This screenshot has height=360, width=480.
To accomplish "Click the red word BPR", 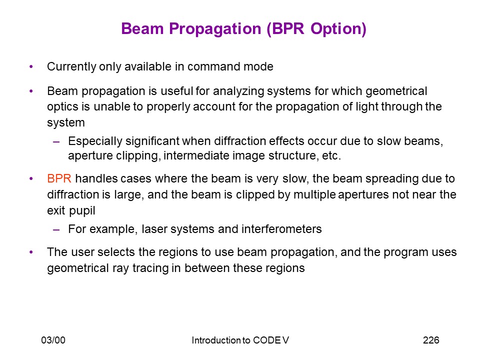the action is [x=59, y=178].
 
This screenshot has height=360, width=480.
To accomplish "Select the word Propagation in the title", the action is [x=215, y=29].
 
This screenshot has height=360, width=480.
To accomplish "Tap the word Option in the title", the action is [x=338, y=29].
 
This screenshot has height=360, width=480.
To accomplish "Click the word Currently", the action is [x=71, y=67].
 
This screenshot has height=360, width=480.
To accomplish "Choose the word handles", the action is [x=96, y=178].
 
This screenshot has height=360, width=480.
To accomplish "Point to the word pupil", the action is [x=82, y=211].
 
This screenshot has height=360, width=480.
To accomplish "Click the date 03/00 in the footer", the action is [x=53, y=340].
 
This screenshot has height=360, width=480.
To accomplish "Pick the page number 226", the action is [x=431, y=340].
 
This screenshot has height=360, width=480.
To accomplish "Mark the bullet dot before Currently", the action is [x=31, y=66].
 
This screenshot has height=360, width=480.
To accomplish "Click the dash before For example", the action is [x=56, y=229].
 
